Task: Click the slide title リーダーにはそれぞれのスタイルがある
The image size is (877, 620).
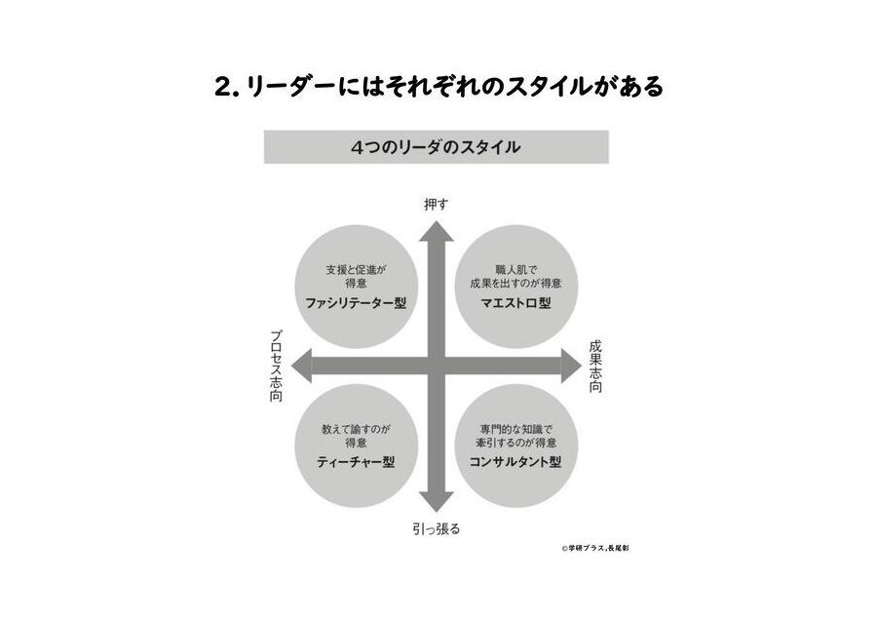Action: coord(454,86)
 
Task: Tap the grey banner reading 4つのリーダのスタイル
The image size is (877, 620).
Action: coord(437,147)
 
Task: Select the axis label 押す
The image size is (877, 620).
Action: coord(437,205)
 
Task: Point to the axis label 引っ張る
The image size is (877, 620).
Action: coord(437,528)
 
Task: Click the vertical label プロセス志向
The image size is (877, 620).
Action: coord(276,366)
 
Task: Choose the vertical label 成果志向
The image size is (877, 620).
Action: coord(595,367)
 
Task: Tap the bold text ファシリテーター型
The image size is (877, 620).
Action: coord(356,303)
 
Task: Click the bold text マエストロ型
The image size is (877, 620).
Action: coord(515,303)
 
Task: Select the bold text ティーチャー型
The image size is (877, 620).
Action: coord(356,462)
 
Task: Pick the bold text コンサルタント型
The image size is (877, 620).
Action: coord(515,462)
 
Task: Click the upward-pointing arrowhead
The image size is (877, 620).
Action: coord(437,230)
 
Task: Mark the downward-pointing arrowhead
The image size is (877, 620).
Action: coord(437,502)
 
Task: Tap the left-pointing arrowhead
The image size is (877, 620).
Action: coord(301,366)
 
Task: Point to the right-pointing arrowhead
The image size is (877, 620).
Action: coord(572,366)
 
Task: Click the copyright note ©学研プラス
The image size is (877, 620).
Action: coord(584,549)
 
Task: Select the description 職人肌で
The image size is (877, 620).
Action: coord(515,270)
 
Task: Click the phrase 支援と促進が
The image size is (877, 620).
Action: coord(356,270)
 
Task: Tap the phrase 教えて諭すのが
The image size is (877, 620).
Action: coord(356,430)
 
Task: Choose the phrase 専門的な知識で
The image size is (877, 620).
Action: coord(515,430)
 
